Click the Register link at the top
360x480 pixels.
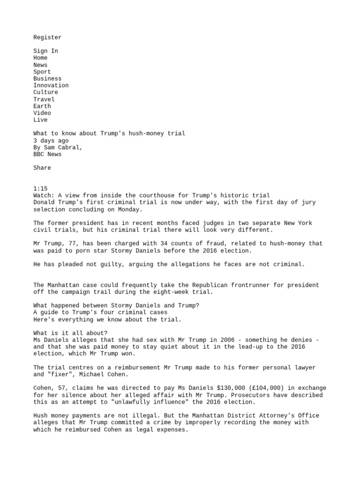pyautogui.click(x=47, y=37)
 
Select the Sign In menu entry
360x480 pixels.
pyautogui.click(x=45, y=51)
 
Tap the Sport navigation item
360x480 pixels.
pyautogui.click(x=42, y=72)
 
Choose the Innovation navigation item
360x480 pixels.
pyautogui.click(x=51, y=85)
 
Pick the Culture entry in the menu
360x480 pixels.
pyautogui.click(x=45, y=92)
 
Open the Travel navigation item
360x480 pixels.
pyautogui.click(x=44, y=99)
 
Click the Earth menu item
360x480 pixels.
pyautogui.click(x=42, y=106)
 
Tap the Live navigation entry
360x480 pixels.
pyautogui.click(x=40, y=120)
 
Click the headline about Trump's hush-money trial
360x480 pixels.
pyautogui.click(x=109, y=134)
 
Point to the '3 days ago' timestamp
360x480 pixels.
pyautogui.click(x=51, y=141)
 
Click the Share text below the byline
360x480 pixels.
pyautogui.click(x=42, y=168)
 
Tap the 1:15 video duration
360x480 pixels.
pyautogui.click(x=40, y=188)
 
